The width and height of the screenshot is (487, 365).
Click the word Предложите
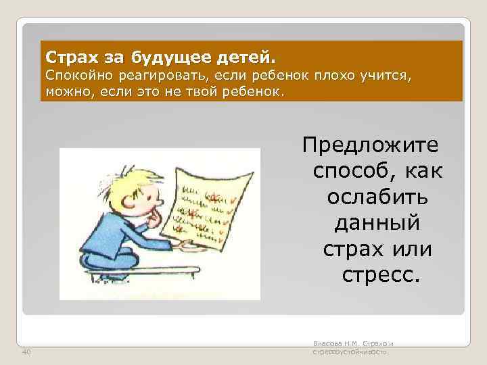371,146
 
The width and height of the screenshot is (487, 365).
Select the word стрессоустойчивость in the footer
350,352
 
